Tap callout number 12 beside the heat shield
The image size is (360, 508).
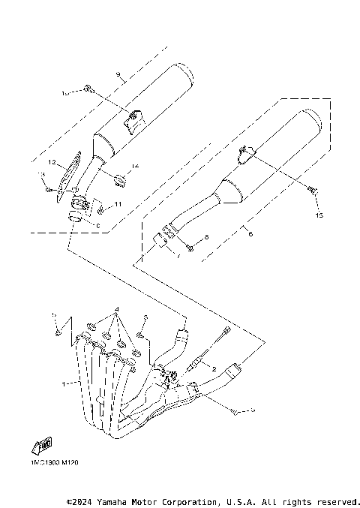click(53, 161)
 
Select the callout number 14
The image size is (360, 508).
click(135, 166)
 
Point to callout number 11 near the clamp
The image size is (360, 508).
click(118, 204)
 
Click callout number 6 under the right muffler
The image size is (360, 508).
click(250, 234)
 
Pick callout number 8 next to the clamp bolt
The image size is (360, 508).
click(207, 237)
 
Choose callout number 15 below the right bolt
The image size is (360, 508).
click(318, 215)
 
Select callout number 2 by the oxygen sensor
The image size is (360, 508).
click(213, 369)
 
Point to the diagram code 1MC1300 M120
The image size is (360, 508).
click(54, 463)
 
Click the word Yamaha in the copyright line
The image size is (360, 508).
click(115, 500)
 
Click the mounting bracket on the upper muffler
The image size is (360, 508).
click(133, 119)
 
